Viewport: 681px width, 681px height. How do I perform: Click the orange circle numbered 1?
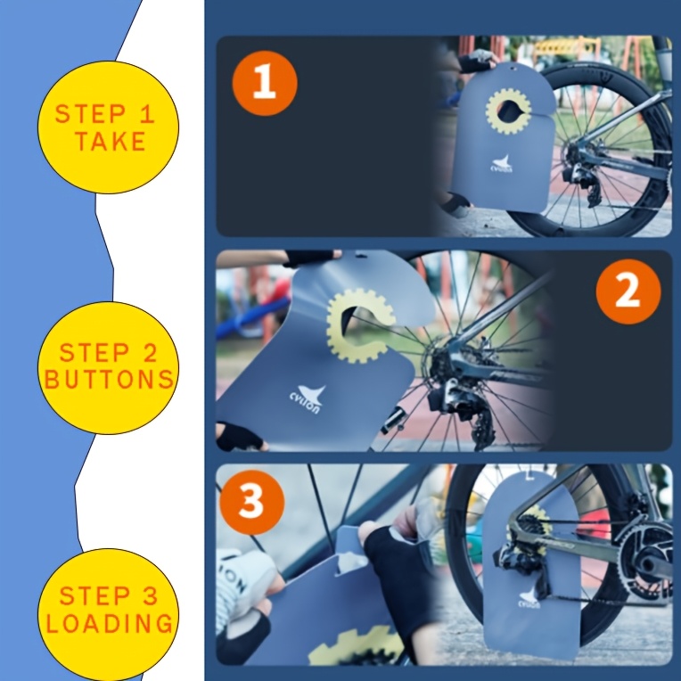click(x=265, y=83)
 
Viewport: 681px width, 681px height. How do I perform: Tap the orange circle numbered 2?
click(x=628, y=291)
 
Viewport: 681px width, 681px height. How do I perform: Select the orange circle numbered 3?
click(x=252, y=502)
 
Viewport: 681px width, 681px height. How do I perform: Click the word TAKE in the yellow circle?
click(x=111, y=141)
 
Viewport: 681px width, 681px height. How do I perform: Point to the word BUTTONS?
click(x=109, y=380)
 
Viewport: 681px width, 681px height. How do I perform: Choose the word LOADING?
click(x=110, y=624)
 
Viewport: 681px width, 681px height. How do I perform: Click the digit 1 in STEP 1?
click(x=147, y=114)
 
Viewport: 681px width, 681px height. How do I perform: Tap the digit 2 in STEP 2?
click(x=150, y=352)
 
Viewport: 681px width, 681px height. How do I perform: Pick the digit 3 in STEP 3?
click(x=150, y=595)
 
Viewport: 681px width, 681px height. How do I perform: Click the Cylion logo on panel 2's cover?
click(x=308, y=398)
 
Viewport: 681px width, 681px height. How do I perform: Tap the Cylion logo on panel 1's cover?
click(x=502, y=164)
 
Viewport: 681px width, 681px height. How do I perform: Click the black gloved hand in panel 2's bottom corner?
click(x=238, y=437)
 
